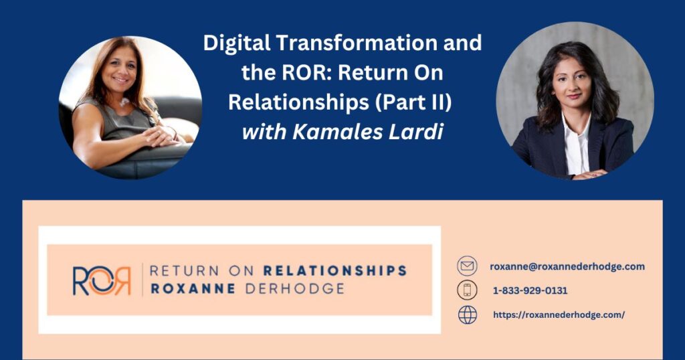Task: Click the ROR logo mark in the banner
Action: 102,280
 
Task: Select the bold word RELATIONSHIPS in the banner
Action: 335,271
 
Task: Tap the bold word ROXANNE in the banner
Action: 193,289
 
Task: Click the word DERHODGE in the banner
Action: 295,289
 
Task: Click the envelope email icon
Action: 467,266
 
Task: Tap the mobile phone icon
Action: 467,290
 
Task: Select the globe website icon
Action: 467,315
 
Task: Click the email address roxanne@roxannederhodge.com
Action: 567,266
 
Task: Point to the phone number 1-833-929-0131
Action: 530,290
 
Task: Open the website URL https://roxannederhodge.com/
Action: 559,314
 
